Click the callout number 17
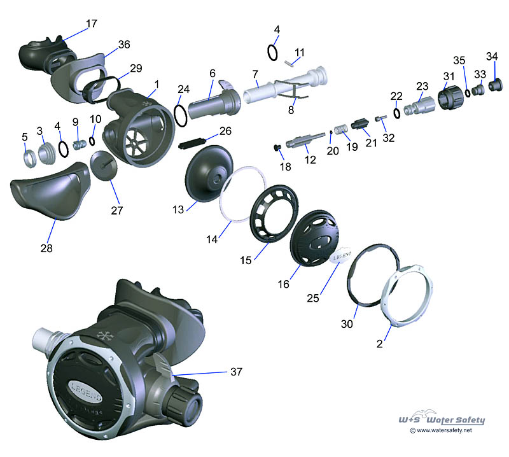pos(92,24)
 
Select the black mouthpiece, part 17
pos(40,52)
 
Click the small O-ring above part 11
pos(273,52)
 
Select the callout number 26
pos(226,132)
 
